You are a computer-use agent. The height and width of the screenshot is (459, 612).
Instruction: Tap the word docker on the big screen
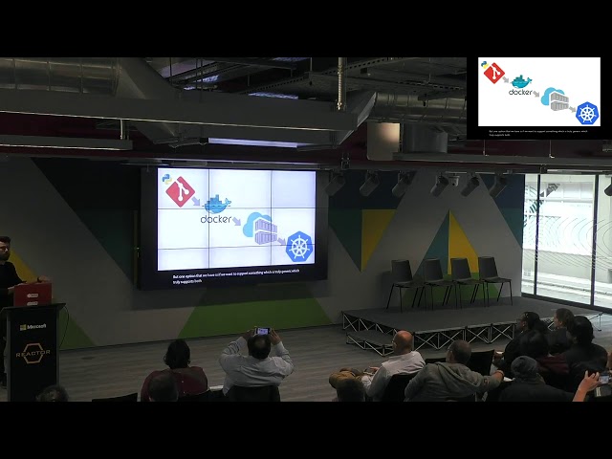point(216,219)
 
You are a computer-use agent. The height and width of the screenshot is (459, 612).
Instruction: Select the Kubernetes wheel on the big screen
point(299,247)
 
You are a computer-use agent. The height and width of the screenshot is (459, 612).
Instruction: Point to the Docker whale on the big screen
point(217,204)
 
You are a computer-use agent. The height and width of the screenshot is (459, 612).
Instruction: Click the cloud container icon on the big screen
point(260,228)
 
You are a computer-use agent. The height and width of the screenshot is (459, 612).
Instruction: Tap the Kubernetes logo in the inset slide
point(586,113)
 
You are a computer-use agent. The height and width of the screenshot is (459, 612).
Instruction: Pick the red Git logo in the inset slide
point(493,73)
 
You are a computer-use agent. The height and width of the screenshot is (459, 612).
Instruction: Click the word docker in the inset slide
point(520,92)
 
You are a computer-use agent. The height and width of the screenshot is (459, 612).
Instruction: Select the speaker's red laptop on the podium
point(33,295)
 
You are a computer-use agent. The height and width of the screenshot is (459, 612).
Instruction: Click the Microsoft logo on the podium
point(33,327)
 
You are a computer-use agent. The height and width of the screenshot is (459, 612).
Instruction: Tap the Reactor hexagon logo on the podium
point(32,351)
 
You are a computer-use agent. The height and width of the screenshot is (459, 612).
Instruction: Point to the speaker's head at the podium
point(5,249)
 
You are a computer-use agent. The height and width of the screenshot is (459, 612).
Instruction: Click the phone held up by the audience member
point(262,331)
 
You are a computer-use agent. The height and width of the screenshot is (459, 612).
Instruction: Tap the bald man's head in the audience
point(404,341)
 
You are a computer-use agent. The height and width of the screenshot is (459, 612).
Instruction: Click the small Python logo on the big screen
point(166,178)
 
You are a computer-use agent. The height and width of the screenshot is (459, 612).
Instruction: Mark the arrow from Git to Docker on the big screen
point(196,203)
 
